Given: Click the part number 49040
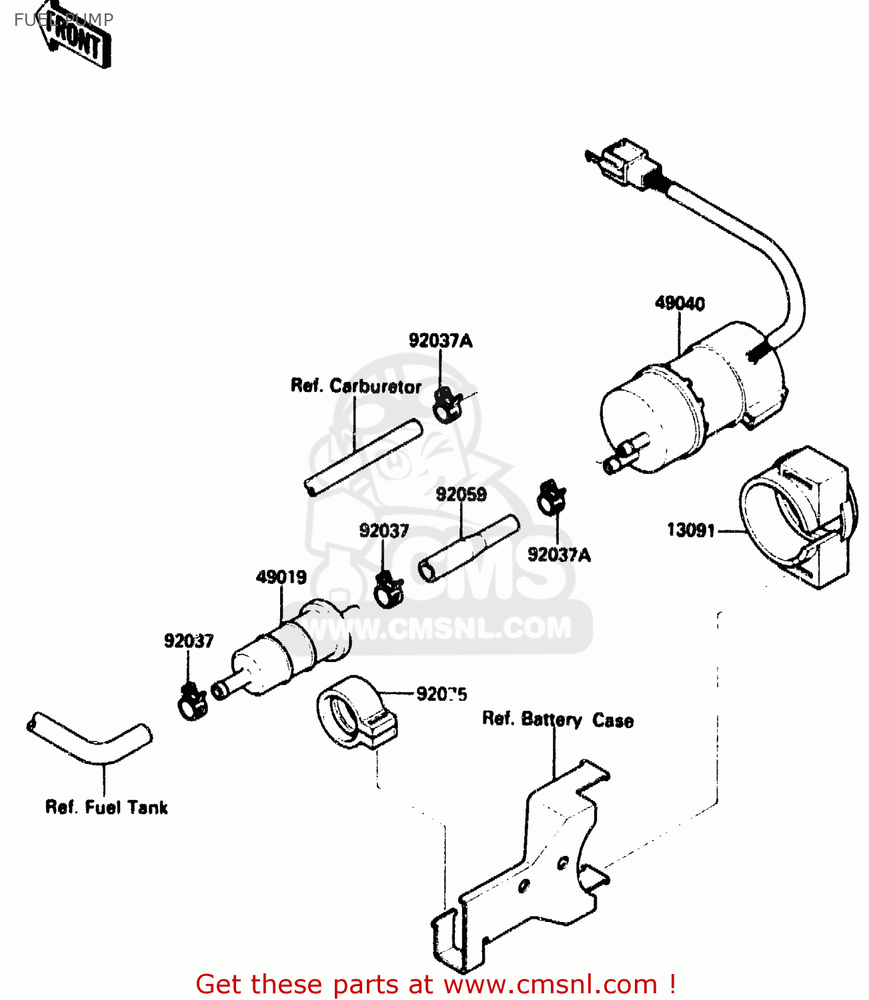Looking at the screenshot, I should coord(679,303).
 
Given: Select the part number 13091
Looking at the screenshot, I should coord(691,531).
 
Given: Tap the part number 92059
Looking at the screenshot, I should coord(461,495).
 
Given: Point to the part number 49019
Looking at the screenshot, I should coord(281,577).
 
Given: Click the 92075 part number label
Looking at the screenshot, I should coord(442,694).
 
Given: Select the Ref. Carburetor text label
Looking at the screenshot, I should coord(356,386).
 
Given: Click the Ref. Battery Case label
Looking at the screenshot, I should coord(558,720).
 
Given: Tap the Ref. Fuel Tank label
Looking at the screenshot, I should coord(106,807).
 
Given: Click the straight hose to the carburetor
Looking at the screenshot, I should coord(363,458).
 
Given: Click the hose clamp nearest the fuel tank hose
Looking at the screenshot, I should coord(192,701).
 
